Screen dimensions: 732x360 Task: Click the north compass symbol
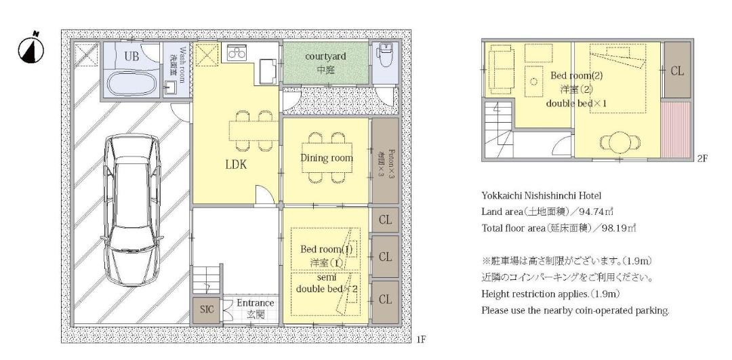[30, 49]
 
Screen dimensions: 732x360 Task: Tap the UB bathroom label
[131, 56]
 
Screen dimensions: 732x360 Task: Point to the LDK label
[237, 164]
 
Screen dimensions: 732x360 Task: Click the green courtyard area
[325, 64]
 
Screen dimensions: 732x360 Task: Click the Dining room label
[326, 158]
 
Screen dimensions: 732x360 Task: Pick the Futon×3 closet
[385, 161]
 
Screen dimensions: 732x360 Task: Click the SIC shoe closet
[206, 309]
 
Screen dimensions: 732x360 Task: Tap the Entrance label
[255, 303]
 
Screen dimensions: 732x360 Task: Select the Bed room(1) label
[326, 249]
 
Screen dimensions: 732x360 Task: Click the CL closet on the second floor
[677, 71]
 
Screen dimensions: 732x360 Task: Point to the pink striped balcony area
[676, 129]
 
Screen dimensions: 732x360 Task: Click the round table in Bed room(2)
[620, 142]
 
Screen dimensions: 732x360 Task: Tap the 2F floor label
[702, 158]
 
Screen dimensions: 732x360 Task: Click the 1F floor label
[420, 340]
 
